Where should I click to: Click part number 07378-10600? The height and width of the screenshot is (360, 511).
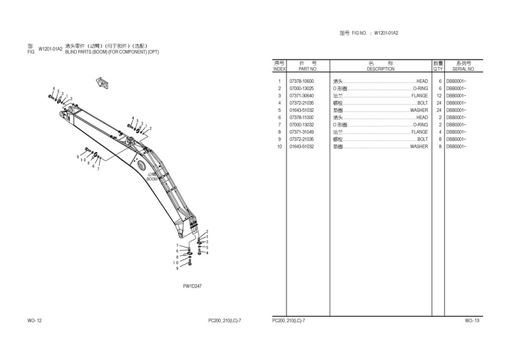302,81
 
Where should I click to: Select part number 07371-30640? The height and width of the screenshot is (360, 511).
302,95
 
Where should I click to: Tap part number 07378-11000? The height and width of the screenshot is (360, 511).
302,117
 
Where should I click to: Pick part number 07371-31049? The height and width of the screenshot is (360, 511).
302,132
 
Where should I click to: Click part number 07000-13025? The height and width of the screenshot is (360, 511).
302,88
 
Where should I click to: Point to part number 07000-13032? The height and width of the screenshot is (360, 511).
302,125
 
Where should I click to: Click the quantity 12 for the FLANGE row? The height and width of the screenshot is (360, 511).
439,95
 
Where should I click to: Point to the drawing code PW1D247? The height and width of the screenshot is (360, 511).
192,285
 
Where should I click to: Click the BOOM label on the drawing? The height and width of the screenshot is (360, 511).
152,179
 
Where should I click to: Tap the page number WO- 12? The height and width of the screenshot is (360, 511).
35,320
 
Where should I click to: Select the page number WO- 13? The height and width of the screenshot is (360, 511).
472,320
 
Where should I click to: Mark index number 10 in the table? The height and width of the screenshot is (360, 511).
279,147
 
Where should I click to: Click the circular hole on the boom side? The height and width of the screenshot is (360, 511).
141,166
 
